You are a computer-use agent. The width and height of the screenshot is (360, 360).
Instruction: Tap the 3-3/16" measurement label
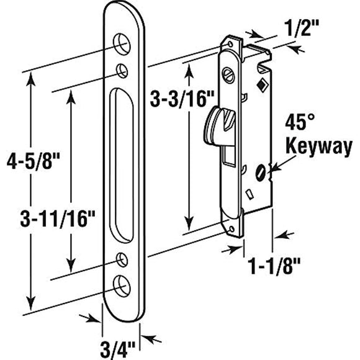pos(176,97)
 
